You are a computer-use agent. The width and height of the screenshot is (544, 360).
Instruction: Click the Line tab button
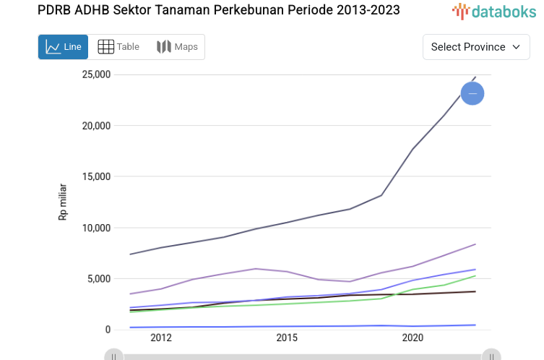(x=63, y=47)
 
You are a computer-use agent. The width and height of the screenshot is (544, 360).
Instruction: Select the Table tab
(x=118, y=47)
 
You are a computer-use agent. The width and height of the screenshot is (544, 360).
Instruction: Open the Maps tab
(x=177, y=47)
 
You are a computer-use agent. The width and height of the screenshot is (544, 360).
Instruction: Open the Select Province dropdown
(x=475, y=47)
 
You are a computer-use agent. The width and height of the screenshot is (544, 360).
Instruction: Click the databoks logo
(x=491, y=10)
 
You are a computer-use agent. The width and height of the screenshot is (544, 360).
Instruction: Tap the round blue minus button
(x=472, y=93)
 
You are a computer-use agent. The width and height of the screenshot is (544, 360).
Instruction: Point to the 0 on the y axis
(x=108, y=330)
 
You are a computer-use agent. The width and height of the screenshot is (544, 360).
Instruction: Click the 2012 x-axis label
(x=161, y=338)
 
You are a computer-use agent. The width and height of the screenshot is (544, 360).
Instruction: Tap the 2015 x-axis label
(x=287, y=338)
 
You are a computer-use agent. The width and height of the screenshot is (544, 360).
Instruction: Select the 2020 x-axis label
(x=413, y=338)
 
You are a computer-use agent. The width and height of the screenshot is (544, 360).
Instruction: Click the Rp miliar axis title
(x=63, y=202)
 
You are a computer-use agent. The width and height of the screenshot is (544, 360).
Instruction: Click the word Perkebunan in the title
(x=246, y=10)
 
